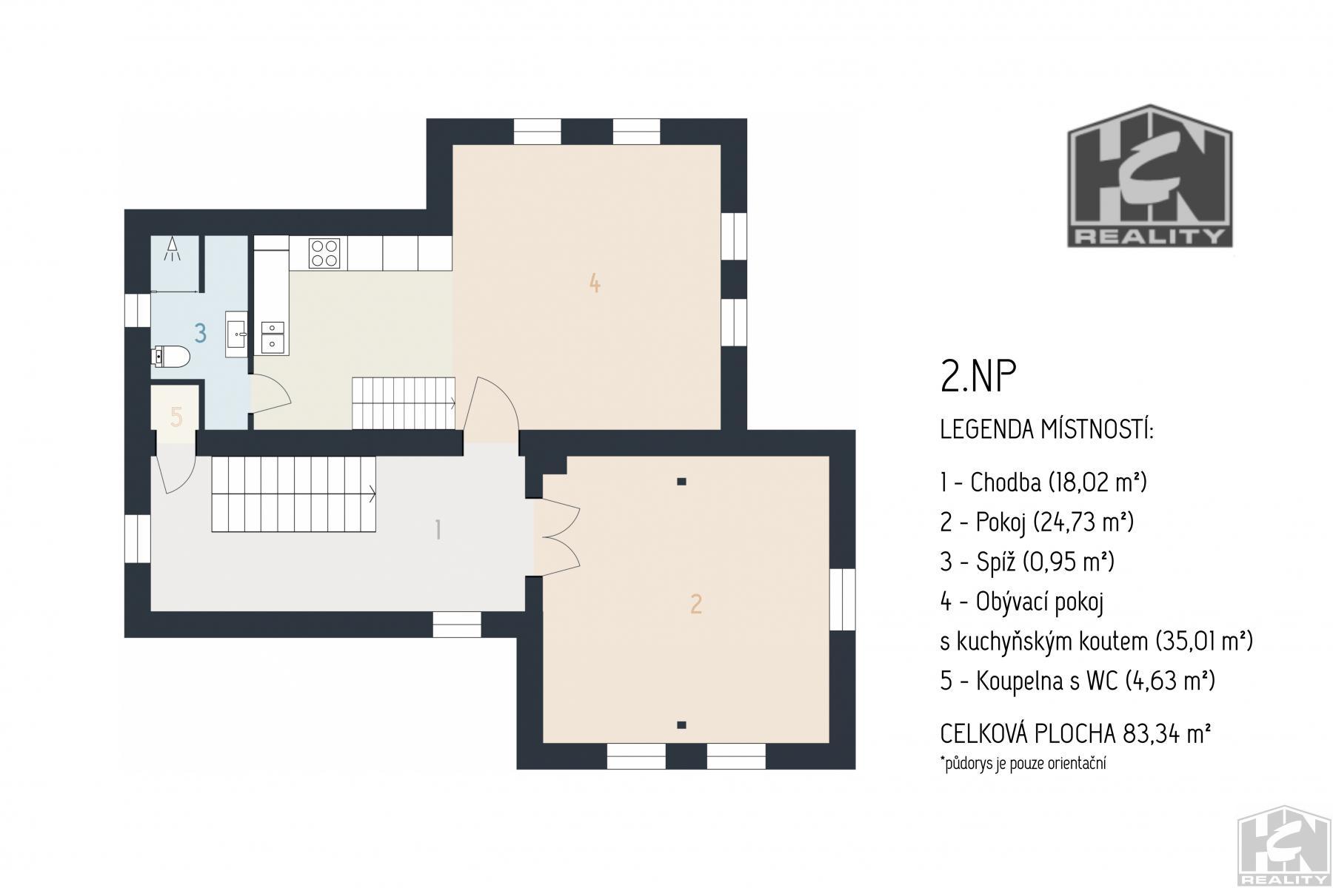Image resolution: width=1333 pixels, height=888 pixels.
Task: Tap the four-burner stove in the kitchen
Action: pyautogui.click(x=324, y=252)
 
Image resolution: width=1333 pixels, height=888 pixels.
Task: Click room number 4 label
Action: pyautogui.click(x=594, y=283)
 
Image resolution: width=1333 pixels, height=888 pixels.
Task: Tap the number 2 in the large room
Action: pyautogui.click(x=695, y=604)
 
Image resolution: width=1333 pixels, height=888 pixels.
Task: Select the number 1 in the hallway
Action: pyautogui.click(x=438, y=530)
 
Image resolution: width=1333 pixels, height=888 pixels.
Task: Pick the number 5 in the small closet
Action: pyautogui.click(x=176, y=417)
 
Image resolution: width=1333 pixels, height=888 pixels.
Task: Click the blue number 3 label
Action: pyautogui.click(x=200, y=332)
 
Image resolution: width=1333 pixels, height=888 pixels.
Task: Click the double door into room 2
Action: pyautogui.click(x=556, y=536)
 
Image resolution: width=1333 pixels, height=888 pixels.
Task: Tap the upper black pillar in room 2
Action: pyautogui.click(x=681, y=482)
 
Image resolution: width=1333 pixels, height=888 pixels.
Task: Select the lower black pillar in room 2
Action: pyautogui.click(x=681, y=725)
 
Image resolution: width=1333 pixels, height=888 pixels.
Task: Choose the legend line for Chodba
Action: pyautogui.click(x=1043, y=483)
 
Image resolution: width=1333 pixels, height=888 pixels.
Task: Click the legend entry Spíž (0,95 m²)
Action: pyautogui.click(x=1027, y=562)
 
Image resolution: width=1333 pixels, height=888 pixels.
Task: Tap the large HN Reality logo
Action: pyautogui.click(x=1149, y=175)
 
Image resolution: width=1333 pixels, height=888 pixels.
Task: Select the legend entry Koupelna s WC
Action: pyautogui.click(x=1078, y=681)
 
